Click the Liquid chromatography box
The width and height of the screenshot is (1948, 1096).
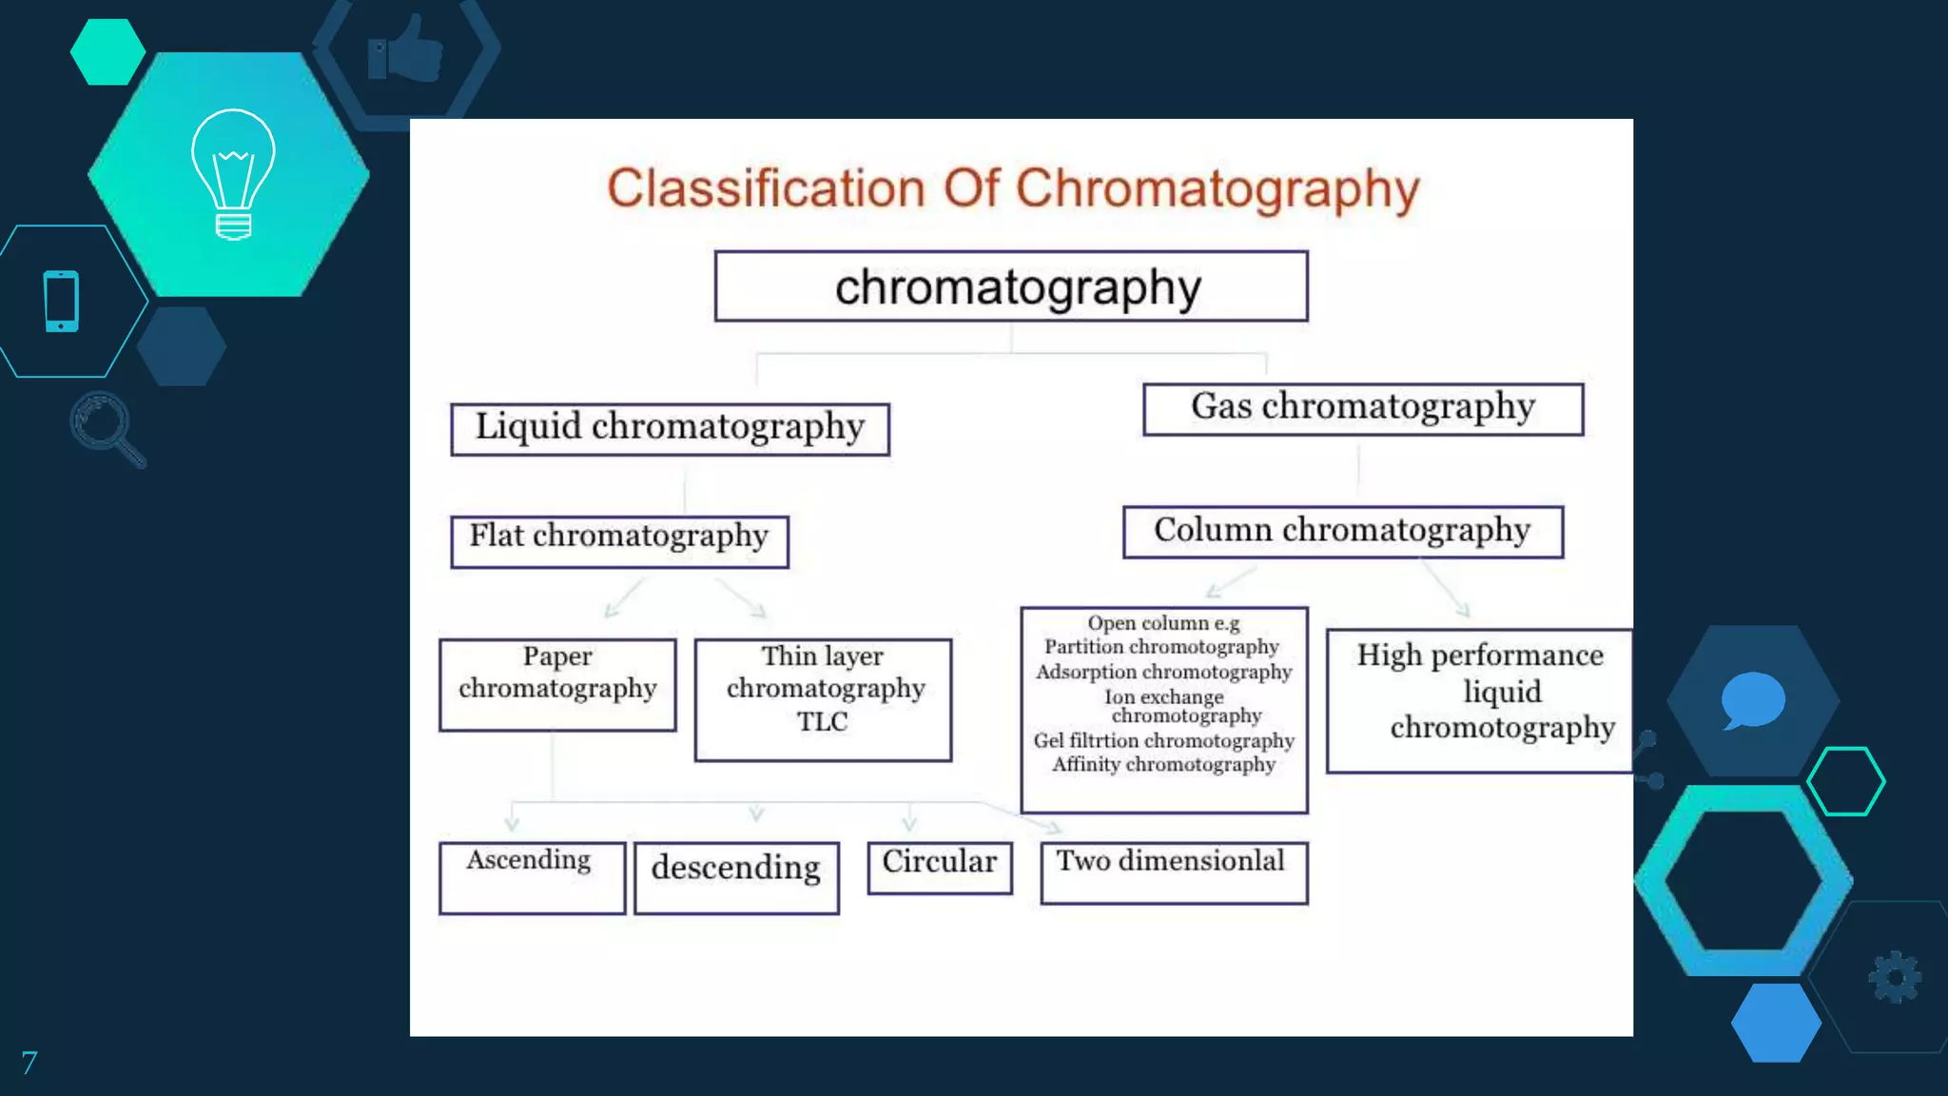(x=670, y=429)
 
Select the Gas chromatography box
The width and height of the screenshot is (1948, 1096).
(x=1362, y=409)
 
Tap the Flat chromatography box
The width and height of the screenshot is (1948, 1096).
(x=619, y=541)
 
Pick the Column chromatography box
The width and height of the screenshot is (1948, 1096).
(x=1342, y=531)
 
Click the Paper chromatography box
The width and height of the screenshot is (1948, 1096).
(x=557, y=684)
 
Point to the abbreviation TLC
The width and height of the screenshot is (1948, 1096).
(x=823, y=722)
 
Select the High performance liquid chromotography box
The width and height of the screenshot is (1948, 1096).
(x=1479, y=700)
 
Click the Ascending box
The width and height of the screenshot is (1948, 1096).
(x=532, y=877)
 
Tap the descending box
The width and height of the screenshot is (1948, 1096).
(x=736, y=877)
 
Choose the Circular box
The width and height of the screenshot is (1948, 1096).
(x=940, y=867)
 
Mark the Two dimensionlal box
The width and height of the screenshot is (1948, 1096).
(x=1174, y=871)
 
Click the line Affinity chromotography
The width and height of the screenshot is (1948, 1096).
(x=1163, y=765)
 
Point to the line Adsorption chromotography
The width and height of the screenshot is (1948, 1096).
(x=1163, y=672)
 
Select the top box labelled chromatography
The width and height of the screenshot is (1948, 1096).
(x=1011, y=286)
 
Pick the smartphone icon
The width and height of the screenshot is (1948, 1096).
(x=62, y=302)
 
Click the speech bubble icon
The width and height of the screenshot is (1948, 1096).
(x=1752, y=700)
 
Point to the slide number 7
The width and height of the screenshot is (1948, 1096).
(x=29, y=1063)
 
